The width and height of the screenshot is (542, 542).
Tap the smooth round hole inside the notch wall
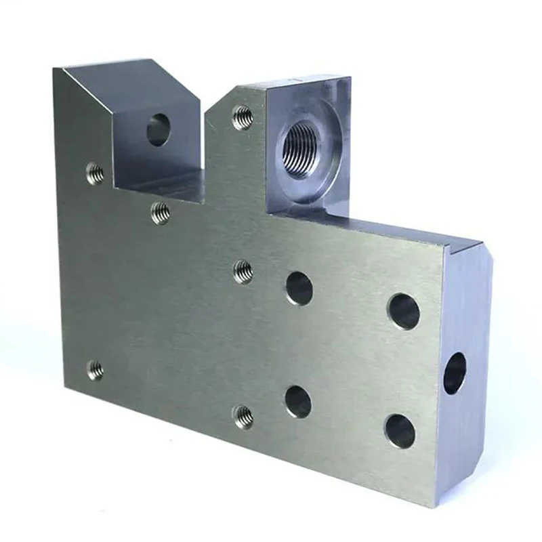pyautogui.click(x=157, y=129)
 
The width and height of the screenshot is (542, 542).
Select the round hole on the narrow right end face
pyautogui.click(x=455, y=373)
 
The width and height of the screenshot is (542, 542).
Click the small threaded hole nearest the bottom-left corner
pyautogui.click(x=96, y=370)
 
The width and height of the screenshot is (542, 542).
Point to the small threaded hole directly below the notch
pyautogui.click(x=160, y=213)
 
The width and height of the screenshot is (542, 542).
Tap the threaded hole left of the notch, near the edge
pyautogui.click(x=96, y=174)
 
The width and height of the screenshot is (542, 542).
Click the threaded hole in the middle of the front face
pyautogui.click(x=243, y=272)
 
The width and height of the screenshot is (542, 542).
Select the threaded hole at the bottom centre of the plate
pyautogui.click(x=243, y=416)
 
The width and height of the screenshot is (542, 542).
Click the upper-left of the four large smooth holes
pyautogui.click(x=299, y=288)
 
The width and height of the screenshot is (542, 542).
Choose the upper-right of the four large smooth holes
pyautogui.click(x=403, y=311)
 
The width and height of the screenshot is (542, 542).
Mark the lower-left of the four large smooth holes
pyautogui.click(x=298, y=401)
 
